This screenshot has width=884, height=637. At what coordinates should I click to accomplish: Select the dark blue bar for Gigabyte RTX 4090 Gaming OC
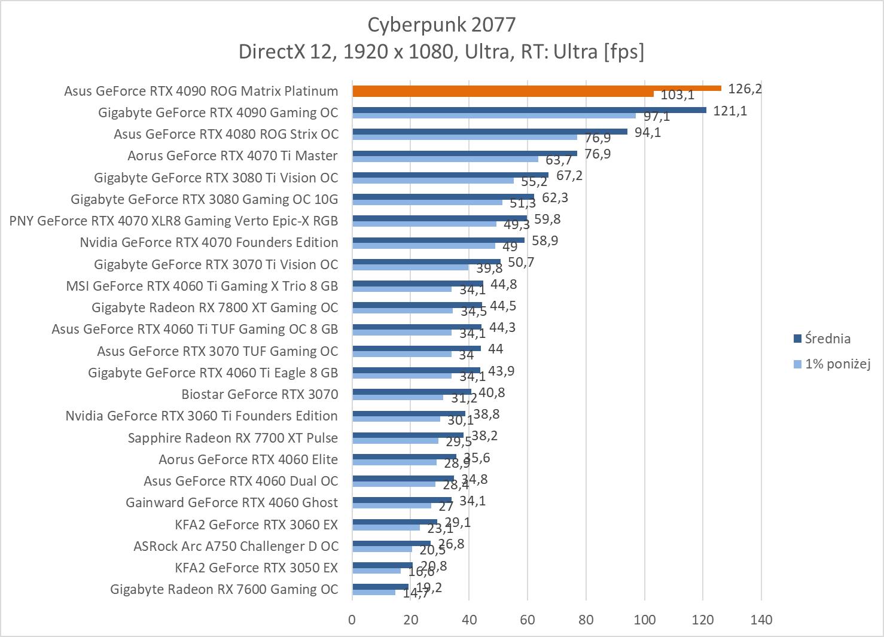529,110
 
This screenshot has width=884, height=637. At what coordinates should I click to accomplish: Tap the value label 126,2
745,89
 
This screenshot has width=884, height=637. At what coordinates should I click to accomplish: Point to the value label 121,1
730,111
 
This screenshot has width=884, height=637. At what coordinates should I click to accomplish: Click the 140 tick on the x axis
761,620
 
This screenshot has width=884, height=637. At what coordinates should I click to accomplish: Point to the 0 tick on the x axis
352,620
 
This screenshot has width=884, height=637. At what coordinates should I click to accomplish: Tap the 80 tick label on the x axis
586,620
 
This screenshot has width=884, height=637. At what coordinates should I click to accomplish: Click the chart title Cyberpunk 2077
441,25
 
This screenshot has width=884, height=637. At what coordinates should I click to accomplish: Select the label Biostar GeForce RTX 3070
260,394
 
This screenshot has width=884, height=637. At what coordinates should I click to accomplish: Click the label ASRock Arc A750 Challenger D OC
236,546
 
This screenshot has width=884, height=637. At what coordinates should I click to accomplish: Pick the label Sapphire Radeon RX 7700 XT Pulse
233,438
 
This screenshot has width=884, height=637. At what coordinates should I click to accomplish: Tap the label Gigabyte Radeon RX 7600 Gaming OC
224,589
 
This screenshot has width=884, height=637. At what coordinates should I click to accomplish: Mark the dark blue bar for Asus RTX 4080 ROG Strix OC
490,132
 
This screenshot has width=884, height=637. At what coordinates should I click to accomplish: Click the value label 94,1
647,132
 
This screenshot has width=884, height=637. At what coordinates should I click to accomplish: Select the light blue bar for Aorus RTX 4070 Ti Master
445,159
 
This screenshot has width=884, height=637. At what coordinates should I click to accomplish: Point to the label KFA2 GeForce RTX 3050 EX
256,568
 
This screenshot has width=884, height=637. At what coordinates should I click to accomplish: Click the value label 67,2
569,176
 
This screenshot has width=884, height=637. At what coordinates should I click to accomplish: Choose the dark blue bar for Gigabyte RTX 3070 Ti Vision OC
426,261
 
